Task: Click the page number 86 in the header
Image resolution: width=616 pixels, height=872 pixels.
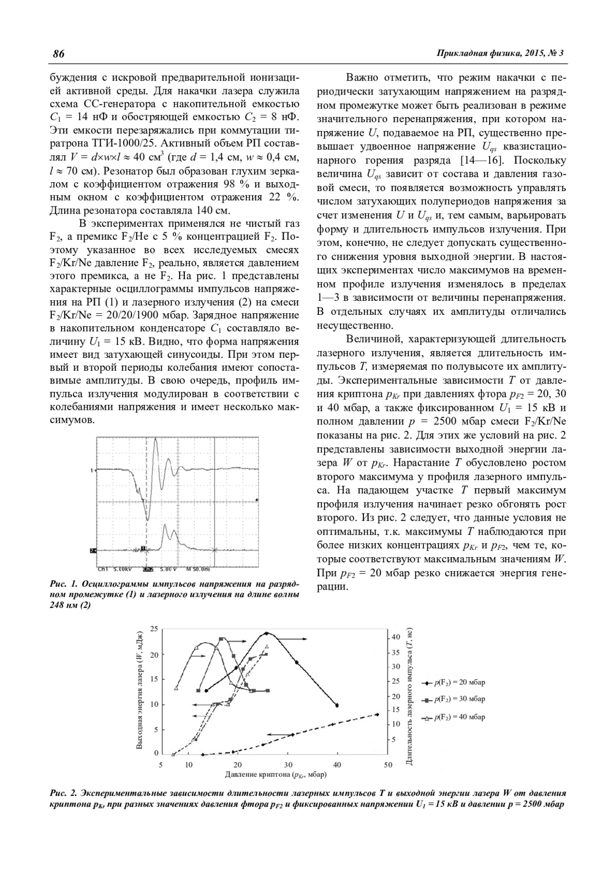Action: click(x=57, y=54)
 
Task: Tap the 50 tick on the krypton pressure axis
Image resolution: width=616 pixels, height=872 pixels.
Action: click(x=388, y=765)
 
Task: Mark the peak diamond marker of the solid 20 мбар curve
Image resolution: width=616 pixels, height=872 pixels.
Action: click(x=266, y=633)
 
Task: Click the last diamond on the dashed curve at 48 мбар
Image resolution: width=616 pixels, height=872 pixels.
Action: click(x=377, y=714)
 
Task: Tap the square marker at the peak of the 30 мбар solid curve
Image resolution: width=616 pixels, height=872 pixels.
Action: click(x=221, y=639)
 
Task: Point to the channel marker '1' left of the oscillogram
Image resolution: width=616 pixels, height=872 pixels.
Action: click(x=92, y=470)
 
